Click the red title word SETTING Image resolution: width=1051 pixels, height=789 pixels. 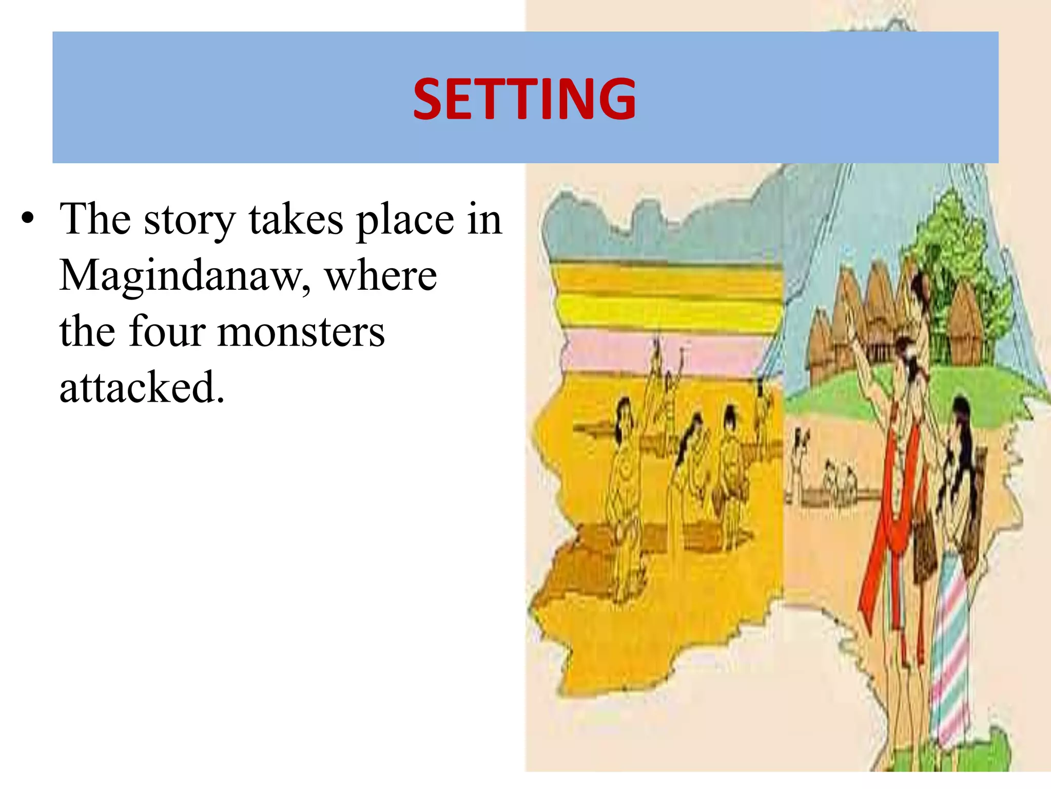click(524, 99)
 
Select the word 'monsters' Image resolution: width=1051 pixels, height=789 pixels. click(301, 332)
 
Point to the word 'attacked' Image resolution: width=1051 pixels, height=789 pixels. click(142, 387)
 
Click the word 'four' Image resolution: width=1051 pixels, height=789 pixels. click(166, 332)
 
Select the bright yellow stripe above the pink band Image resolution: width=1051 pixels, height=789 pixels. click(667, 311)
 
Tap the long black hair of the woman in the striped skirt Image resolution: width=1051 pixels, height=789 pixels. click(962, 452)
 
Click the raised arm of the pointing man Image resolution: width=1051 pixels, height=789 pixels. click(867, 360)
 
